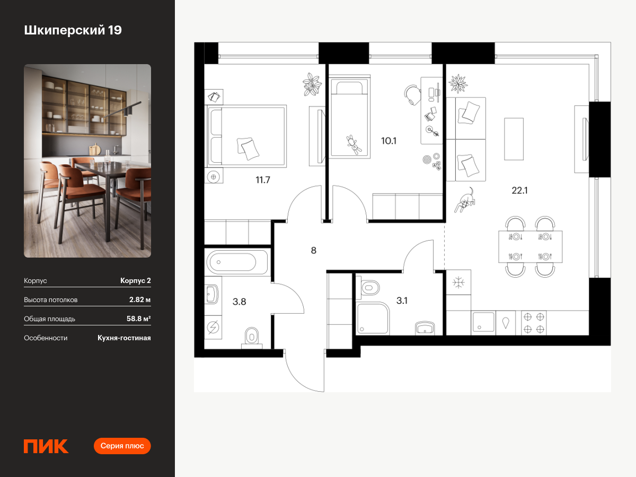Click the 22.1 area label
[519, 191]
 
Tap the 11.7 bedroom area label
[263, 180]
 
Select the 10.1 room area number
[388, 141]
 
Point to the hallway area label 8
[314, 251]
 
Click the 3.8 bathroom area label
[240, 302]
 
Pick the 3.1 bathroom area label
[402, 301]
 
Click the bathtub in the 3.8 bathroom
[237, 262]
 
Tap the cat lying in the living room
[465, 200]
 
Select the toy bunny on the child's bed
[354, 145]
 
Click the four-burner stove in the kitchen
[534, 323]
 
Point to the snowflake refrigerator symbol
[458, 282]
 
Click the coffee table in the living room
[514, 139]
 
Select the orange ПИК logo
[46, 446]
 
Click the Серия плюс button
[122, 446]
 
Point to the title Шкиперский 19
[73, 30]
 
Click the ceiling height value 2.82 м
[140, 300]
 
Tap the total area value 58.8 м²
[138, 319]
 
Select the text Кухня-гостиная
[124, 338]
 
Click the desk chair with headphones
[412, 95]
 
